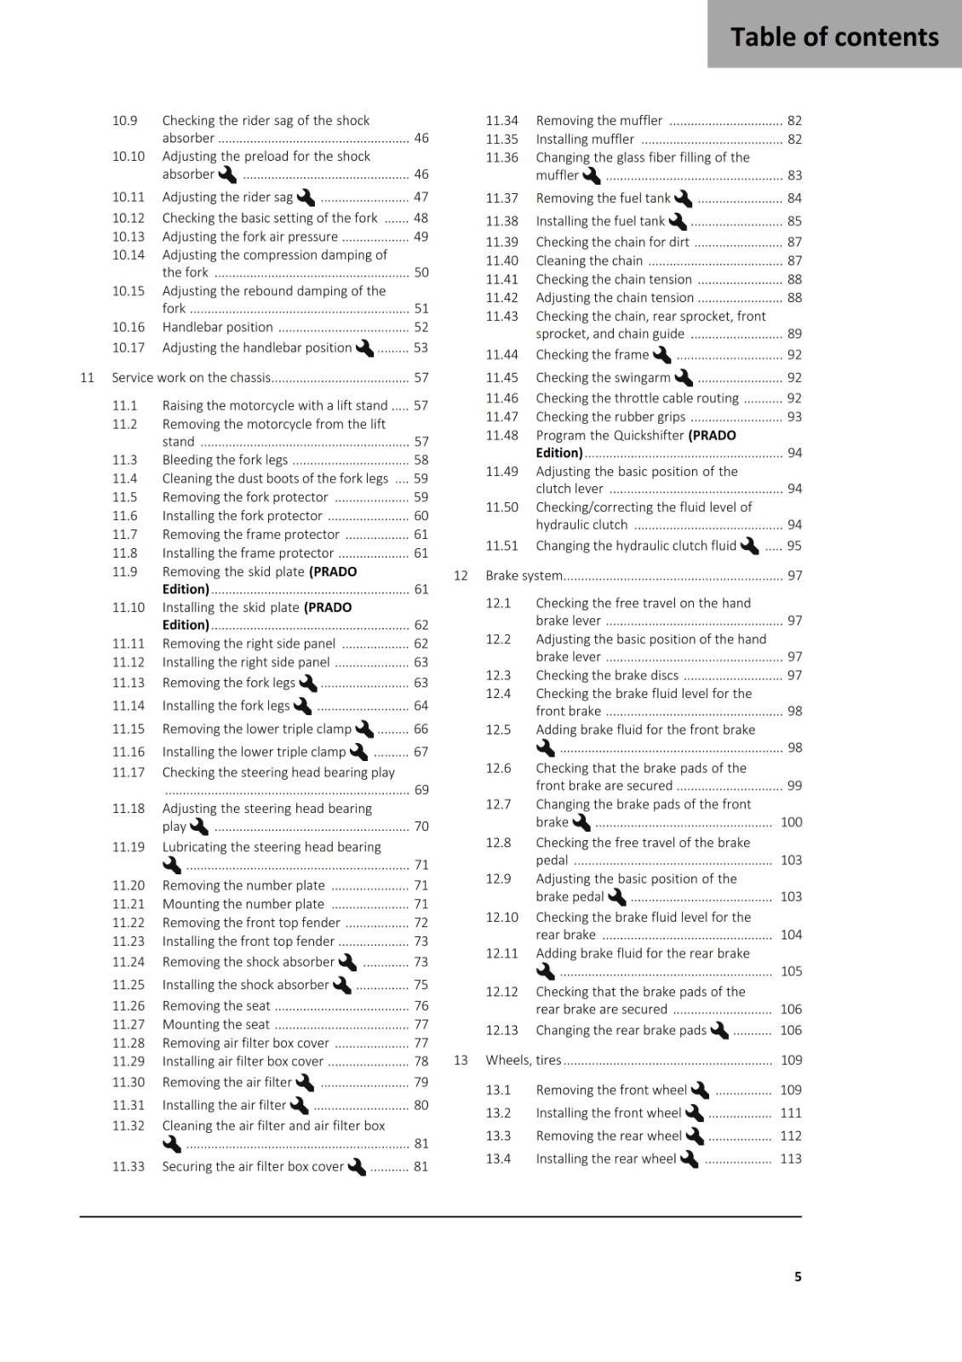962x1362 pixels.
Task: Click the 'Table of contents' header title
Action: [x=834, y=37]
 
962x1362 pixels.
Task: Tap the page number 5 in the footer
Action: [x=798, y=1276]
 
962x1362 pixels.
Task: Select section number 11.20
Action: [x=129, y=885]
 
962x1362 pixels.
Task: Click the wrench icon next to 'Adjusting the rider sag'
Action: [x=305, y=197]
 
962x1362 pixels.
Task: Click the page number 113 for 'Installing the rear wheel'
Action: [x=791, y=1159]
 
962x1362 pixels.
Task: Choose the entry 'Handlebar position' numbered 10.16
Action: [x=218, y=327]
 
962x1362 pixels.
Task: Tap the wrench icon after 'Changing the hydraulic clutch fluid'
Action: [x=749, y=546]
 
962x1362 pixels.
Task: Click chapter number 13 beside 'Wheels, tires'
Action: [x=461, y=1060]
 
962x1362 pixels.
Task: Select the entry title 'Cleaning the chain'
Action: [x=589, y=260]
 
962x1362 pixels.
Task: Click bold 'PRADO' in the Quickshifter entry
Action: [x=713, y=435]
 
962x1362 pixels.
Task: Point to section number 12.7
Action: [x=498, y=804]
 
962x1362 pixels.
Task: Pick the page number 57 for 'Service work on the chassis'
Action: [x=421, y=377]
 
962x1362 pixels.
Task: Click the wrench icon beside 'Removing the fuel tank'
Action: [x=683, y=198]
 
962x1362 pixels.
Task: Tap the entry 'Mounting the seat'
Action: [x=216, y=1024]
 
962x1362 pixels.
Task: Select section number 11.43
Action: [x=501, y=316]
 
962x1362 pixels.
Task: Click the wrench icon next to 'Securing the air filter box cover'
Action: [x=357, y=1166]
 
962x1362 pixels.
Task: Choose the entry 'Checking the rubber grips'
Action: [x=610, y=416]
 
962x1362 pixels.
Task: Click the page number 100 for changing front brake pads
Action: [x=791, y=821]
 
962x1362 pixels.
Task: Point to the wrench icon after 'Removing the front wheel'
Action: [x=700, y=1090]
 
